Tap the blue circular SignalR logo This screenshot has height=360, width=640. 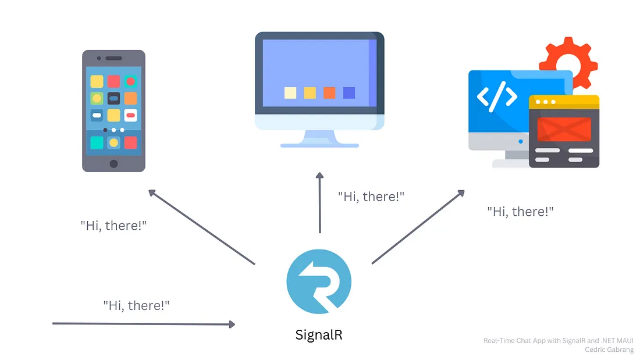(x=319, y=283)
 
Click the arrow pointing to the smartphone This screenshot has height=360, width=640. (x=201, y=227)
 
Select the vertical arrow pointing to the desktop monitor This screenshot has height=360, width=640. (x=319, y=203)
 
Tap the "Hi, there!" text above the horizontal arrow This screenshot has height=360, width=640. (x=137, y=305)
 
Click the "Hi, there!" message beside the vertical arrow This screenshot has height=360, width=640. (x=371, y=197)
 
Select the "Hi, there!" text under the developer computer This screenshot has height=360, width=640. (x=520, y=212)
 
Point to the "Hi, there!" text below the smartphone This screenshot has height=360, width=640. (x=113, y=225)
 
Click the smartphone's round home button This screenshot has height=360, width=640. (x=113, y=163)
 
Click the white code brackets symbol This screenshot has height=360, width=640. (x=496, y=97)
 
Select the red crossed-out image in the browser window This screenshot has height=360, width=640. (x=564, y=129)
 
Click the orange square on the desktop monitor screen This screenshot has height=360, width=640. (x=329, y=92)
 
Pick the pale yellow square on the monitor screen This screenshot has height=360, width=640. (x=290, y=92)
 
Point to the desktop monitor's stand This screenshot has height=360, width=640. (x=319, y=138)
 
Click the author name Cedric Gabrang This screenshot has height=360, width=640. (x=609, y=350)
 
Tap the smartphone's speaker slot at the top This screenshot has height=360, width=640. (x=113, y=58)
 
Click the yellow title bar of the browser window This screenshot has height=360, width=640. (x=564, y=101)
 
